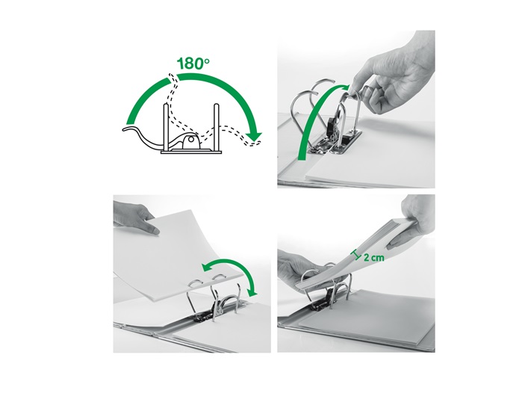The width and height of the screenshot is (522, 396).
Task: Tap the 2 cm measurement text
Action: [x=374, y=258]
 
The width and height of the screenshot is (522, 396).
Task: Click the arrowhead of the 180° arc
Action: [x=254, y=136]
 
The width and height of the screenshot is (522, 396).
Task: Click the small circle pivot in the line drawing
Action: [x=190, y=140]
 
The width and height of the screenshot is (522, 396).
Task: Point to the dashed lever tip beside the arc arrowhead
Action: [x=254, y=143]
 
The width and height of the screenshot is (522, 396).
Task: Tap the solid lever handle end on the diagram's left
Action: [x=129, y=129]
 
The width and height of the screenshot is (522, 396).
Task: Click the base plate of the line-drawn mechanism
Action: [x=191, y=152]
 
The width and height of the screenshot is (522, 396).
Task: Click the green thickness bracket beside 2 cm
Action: [x=357, y=255]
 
